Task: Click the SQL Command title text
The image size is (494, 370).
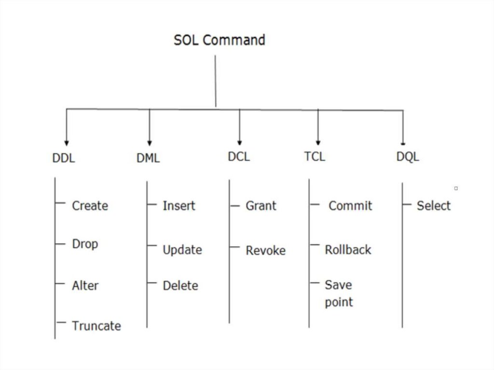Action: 220,40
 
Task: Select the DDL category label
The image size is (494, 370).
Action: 64,158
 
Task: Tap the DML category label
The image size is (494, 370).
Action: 148,158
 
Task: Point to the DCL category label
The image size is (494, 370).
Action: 239,157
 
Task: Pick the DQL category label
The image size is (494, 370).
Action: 408,157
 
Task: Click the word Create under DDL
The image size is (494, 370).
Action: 90,206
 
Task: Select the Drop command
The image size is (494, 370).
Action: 85,244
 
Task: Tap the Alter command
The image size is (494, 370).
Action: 85,286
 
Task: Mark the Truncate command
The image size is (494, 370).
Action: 96,326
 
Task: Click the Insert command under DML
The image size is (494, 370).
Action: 179,206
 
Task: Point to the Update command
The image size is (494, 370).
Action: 182,250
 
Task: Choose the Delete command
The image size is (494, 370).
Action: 180,286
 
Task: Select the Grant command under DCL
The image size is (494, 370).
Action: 261,206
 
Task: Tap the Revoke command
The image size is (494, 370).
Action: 265,251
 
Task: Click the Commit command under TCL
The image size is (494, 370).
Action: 350,206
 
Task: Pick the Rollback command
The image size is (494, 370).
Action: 348,250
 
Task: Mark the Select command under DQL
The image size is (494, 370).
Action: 433,206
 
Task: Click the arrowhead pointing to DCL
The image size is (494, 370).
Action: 240,142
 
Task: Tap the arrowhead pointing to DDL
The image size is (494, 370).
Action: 67,143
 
